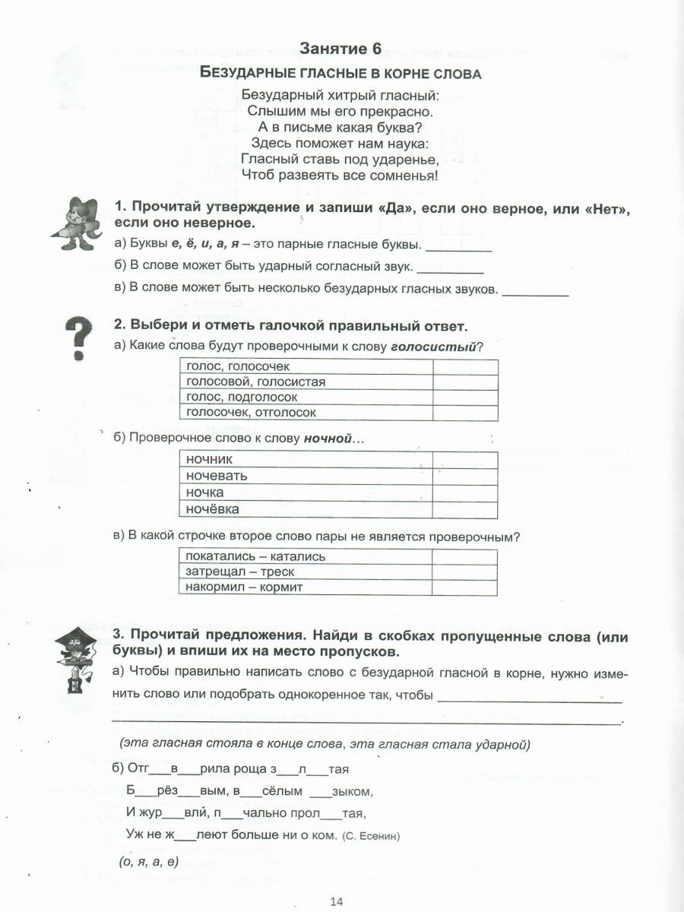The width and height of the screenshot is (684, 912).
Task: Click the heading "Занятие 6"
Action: [x=340, y=49]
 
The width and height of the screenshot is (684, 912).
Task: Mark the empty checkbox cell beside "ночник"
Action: [x=464, y=459]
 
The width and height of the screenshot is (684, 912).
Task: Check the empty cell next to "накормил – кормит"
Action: [x=464, y=587]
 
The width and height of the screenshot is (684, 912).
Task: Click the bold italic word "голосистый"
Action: [x=433, y=347]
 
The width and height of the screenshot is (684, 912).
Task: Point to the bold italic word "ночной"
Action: [x=329, y=439]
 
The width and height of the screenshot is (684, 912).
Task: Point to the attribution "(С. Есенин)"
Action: [x=371, y=837]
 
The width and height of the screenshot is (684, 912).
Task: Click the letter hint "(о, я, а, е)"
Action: [x=149, y=862]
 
